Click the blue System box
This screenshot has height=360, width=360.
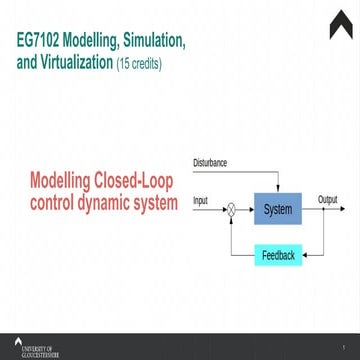click(x=277, y=209)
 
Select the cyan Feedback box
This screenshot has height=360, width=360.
click(x=278, y=256)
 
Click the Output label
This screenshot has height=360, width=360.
click(x=327, y=200)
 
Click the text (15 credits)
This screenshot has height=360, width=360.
click(x=139, y=66)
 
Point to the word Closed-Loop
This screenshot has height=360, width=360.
click(x=132, y=184)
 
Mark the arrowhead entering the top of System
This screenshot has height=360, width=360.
click(x=277, y=191)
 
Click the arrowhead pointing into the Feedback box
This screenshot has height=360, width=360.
click(x=305, y=256)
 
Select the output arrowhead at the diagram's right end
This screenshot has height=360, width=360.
click(x=347, y=209)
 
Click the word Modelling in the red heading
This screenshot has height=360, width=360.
click(x=58, y=184)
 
